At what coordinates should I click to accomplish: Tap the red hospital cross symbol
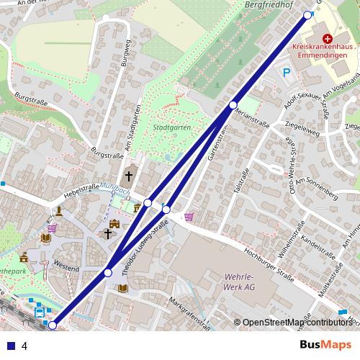[328, 37]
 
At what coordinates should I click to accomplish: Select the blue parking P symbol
[287, 72]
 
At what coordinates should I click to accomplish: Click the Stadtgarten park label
[172, 128]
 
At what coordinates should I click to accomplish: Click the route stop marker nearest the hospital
[307, 15]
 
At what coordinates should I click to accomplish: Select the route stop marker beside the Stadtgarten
[233, 105]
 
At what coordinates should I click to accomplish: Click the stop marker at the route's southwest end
[52, 325]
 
